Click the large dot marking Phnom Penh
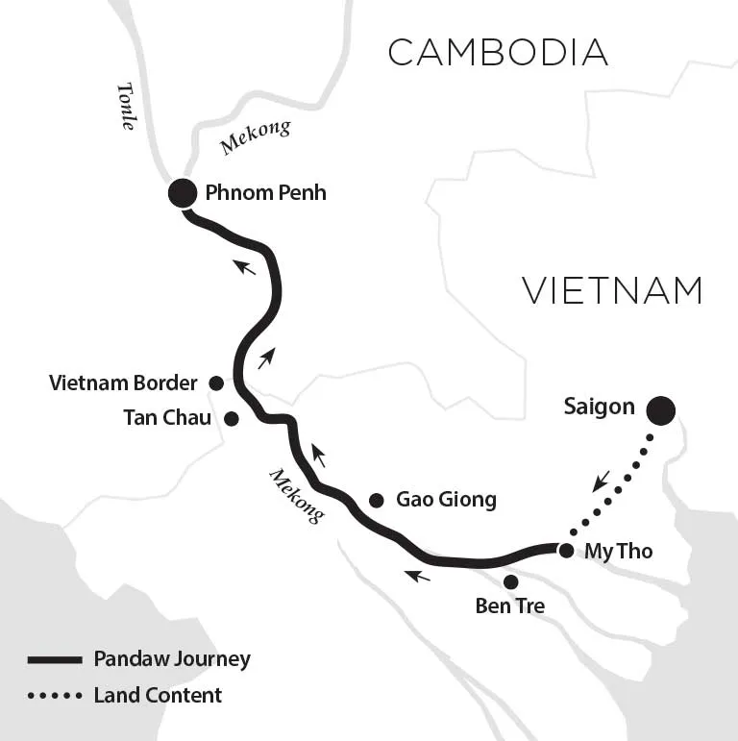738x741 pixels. tap(183, 193)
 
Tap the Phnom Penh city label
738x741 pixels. tap(265, 193)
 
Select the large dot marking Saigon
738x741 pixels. tap(660, 410)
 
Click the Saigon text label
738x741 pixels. tap(599, 407)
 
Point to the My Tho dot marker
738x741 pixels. tap(566, 551)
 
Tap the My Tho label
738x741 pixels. tap(619, 552)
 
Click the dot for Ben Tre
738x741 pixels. tap(510, 581)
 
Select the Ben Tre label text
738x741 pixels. tap(510, 605)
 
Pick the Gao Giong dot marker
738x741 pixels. tap(376, 500)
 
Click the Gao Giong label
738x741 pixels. tap(446, 500)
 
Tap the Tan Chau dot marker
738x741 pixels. tap(231, 418)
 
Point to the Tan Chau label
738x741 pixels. tap(167, 418)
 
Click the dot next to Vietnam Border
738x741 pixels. tap(216, 383)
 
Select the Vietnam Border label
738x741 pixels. tap(123, 383)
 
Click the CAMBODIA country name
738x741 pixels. tap(498, 52)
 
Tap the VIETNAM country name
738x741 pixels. tap(613, 290)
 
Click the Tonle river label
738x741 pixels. tap(127, 107)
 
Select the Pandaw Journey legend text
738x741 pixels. tap(172, 659)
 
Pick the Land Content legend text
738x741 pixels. tap(158, 695)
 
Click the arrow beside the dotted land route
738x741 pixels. tap(601, 482)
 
